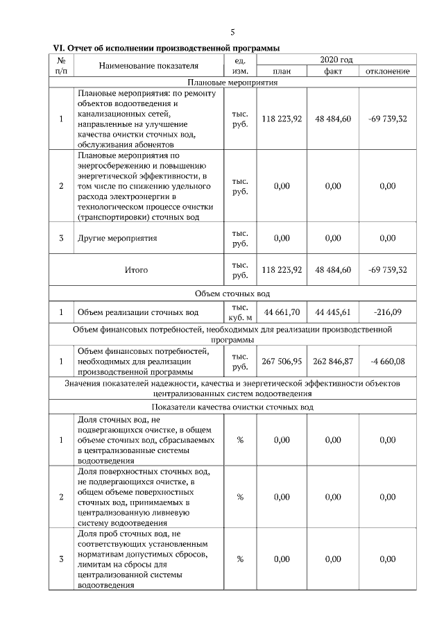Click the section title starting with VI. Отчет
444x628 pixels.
click(166, 49)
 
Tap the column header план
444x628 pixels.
click(282, 71)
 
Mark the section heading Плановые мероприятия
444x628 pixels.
click(232, 82)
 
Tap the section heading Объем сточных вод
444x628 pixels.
click(232, 294)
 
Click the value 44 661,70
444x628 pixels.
click(282, 312)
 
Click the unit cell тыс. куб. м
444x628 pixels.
click(240, 312)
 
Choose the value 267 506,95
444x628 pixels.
click(282, 361)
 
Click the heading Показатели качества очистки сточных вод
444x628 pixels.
click(232, 407)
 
